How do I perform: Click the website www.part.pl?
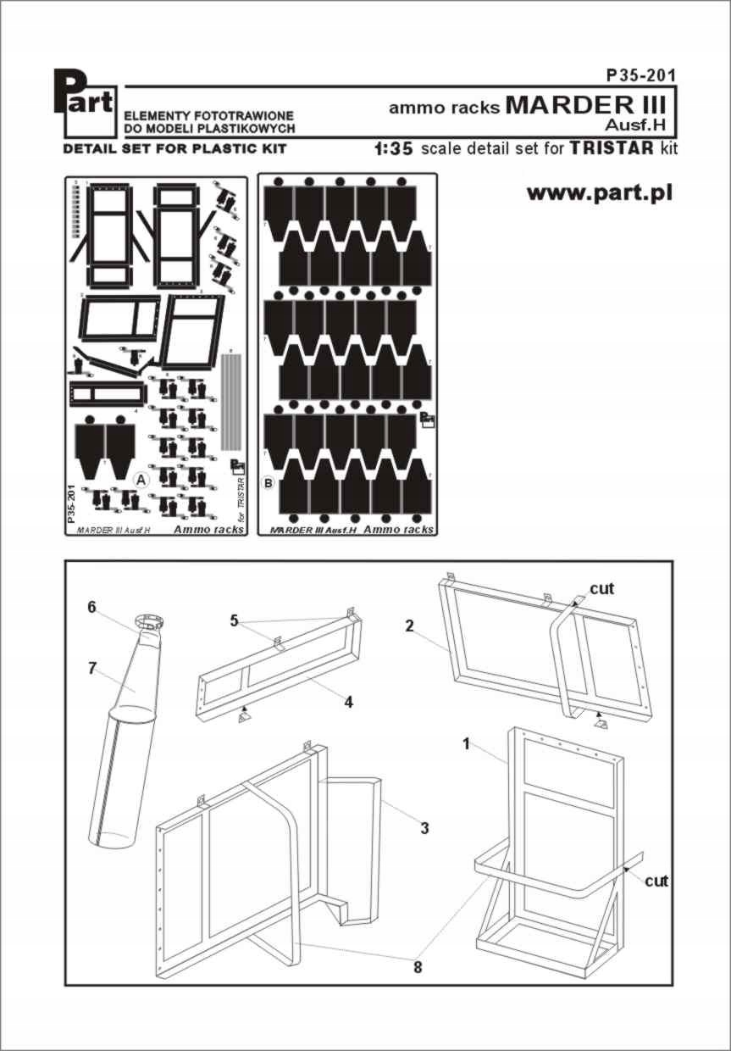click(600, 192)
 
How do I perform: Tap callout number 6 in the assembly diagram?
click(91, 607)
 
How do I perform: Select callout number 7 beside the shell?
click(92, 667)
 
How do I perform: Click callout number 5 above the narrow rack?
click(234, 620)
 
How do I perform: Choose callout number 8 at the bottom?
click(418, 965)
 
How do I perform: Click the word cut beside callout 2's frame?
click(602, 587)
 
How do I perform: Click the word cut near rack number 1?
click(656, 881)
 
